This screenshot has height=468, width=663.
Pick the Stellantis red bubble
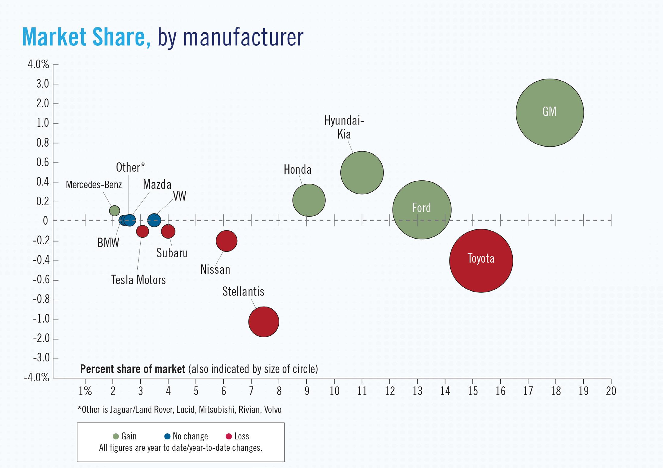point(264,322)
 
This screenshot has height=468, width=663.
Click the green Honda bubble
point(309,200)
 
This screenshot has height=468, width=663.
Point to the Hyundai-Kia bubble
point(362,173)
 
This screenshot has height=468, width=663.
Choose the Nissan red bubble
point(227,241)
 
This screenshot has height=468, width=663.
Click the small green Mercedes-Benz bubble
point(114,211)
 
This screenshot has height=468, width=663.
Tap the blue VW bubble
point(154,220)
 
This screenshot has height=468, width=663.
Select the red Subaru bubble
point(168,231)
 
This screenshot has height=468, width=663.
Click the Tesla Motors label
point(138,280)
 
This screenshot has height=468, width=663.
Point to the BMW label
point(108,243)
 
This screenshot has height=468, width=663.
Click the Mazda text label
point(157,185)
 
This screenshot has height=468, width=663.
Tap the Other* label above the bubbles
point(130,167)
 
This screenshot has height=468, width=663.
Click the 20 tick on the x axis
point(611,391)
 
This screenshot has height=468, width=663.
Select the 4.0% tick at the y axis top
point(38,64)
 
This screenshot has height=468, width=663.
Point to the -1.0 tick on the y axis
point(41,319)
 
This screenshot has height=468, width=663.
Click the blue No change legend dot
point(167,436)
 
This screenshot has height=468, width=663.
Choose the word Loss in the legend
point(242,436)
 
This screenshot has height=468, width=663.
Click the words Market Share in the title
point(86,37)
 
